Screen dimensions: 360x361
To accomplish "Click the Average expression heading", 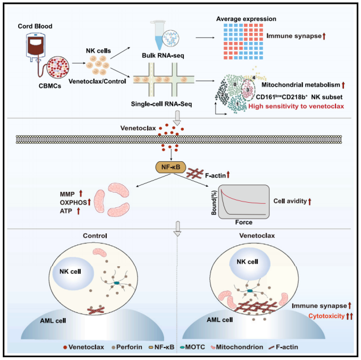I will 246,19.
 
